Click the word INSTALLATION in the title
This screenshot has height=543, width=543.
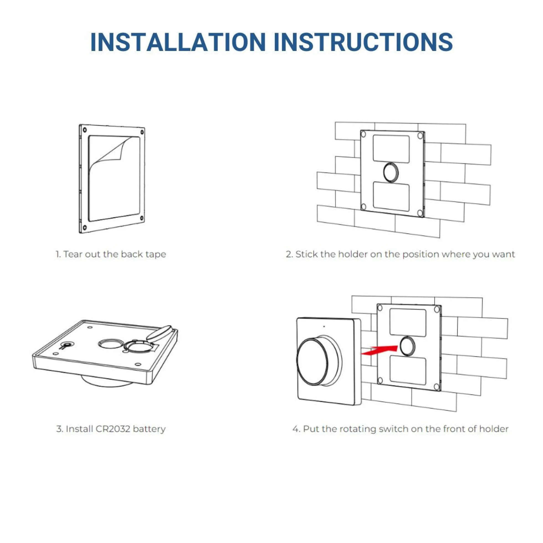(178, 42)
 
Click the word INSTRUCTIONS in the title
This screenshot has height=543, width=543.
(363, 42)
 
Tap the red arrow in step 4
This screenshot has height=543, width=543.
(380, 350)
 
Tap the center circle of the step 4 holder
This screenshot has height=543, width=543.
(407, 346)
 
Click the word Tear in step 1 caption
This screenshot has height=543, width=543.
(73, 254)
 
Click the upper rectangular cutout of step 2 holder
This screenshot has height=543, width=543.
(391, 149)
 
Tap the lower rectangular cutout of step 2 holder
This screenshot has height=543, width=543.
(391, 196)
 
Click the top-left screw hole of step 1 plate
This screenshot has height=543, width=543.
(85, 130)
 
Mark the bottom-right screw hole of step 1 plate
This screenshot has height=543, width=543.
(142, 218)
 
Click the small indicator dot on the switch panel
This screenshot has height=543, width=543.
(324, 327)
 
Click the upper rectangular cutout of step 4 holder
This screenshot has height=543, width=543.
(408, 322)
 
